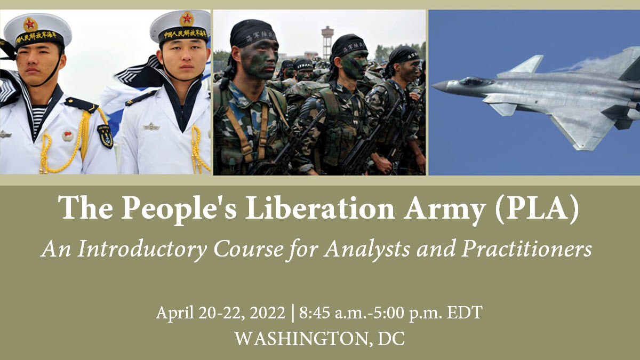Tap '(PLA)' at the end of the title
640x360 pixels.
point(537,209)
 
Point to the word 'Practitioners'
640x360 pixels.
point(527,249)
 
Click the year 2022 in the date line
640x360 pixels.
point(267,313)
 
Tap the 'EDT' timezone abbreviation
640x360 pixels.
point(465,313)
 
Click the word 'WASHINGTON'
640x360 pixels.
point(301,339)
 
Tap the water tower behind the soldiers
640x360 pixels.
point(327,42)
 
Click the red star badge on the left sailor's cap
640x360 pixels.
point(30,25)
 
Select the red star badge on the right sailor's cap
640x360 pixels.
point(187,19)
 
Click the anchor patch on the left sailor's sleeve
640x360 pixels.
point(106,137)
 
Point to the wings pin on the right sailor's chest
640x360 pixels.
point(151,126)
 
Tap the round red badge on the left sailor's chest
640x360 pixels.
point(68,136)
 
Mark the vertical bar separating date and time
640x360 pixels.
point(293,314)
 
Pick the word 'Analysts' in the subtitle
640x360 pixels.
point(367,249)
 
